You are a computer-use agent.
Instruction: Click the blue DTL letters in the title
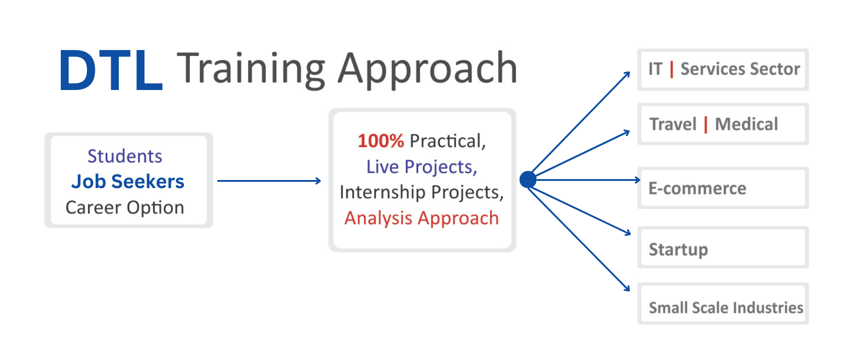[x=111, y=70]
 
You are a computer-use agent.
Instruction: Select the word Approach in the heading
[x=427, y=70]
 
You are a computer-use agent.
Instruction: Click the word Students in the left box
[x=125, y=156]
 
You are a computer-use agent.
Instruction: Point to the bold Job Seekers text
[x=128, y=181]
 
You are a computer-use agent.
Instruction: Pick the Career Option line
[x=125, y=207]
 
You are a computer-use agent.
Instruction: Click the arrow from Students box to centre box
[x=269, y=181]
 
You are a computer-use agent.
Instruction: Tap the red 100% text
[x=381, y=141]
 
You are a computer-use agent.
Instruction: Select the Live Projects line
[x=422, y=167]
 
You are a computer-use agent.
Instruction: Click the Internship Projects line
[x=422, y=192]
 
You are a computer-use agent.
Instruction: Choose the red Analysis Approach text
[x=422, y=218]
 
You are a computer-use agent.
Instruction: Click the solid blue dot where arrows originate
[x=528, y=180]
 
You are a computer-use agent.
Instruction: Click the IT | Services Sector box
[x=723, y=69]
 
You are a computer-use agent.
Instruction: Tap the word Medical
[x=747, y=124]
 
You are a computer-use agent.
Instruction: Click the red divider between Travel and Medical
[x=706, y=125]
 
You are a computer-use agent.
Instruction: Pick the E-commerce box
[x=723, y=188]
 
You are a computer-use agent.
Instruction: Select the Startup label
[x=678, y=250]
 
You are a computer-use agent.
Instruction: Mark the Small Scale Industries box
[x=723, y=303]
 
